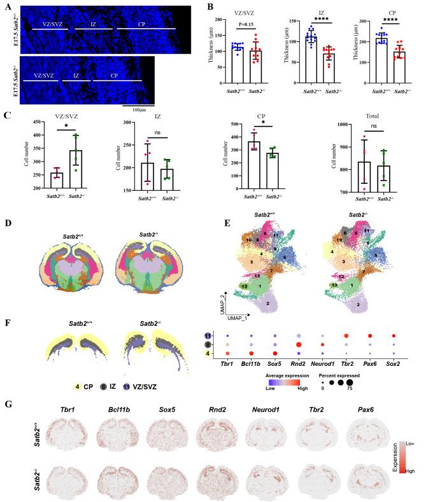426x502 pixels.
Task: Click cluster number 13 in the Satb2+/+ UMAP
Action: [x=228, y=288]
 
